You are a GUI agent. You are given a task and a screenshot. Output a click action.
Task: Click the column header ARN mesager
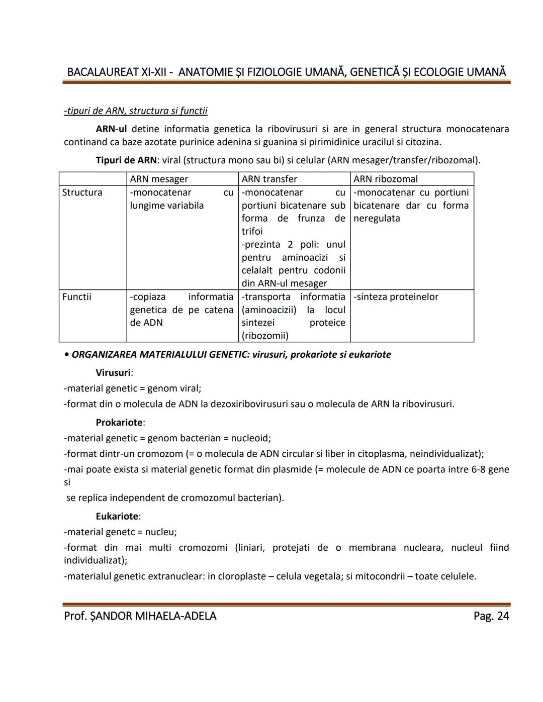(159, 179)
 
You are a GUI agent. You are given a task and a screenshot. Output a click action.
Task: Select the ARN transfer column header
(269, 179)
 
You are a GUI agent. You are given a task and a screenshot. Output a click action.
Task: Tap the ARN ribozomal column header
(385, 179)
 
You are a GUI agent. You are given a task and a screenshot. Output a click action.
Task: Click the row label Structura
(82, 192)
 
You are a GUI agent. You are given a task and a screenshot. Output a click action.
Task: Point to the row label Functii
(76, 297)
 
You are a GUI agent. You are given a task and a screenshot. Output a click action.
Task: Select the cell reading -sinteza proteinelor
(396, 297)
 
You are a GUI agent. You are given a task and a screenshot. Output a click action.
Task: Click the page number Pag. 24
(491, 616)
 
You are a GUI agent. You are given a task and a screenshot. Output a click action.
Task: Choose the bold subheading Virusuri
(114, 373)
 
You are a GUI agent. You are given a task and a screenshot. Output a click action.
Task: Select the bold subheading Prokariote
(120, 423)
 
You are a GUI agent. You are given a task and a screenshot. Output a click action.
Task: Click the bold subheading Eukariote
(118, 516)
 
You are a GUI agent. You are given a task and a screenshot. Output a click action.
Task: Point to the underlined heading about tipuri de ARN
(136, 111)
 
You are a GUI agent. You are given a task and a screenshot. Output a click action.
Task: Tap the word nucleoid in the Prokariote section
(249, 438)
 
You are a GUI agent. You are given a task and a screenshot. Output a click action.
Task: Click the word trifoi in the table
(252, 231)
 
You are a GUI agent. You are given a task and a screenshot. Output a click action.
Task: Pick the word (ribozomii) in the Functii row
(265, 336)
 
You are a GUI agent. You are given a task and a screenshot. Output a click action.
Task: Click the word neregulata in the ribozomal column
(377, 218)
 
